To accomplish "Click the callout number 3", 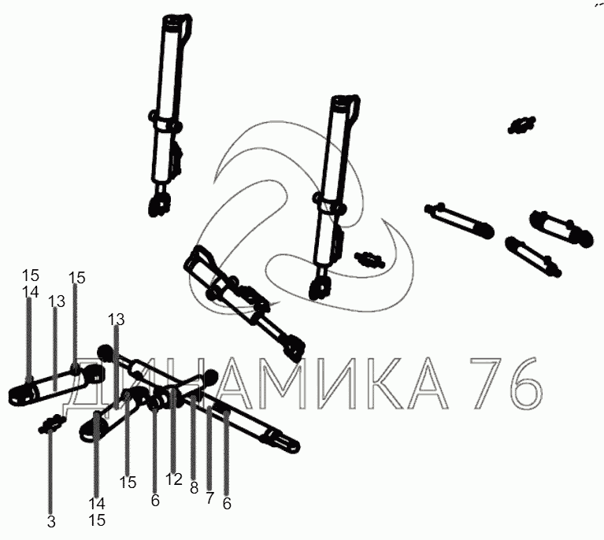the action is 51,522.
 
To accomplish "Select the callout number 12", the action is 174,479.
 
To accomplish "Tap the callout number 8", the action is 195,488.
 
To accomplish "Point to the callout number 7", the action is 209,498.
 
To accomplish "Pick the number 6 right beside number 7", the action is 227,504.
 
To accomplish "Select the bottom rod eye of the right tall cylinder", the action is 320,287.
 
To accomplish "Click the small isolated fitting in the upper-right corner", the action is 521,125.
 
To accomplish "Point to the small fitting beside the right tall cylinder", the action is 369,260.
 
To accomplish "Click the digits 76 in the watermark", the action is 506,383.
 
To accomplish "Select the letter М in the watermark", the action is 289,383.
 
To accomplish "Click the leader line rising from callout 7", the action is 209,449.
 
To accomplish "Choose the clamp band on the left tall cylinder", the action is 165,126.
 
